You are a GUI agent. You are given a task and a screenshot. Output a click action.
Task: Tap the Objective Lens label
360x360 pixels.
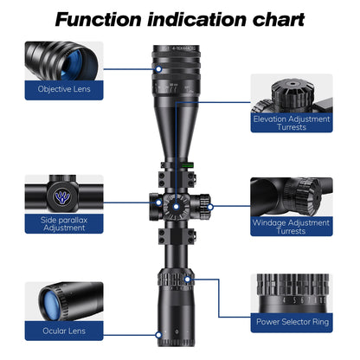click(x=64, y=88)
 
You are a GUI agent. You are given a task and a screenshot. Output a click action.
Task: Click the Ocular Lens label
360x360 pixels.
click(x=64, y=330)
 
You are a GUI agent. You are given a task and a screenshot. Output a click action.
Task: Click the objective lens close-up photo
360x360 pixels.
click(x=64, y=59)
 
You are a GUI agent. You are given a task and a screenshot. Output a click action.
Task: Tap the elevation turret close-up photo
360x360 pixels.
click(x=291, y=93)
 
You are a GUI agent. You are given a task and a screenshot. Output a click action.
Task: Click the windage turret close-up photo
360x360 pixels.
click(x=291, y=196)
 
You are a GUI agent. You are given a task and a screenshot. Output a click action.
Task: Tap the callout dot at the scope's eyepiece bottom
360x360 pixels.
click(x=157, y=332)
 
